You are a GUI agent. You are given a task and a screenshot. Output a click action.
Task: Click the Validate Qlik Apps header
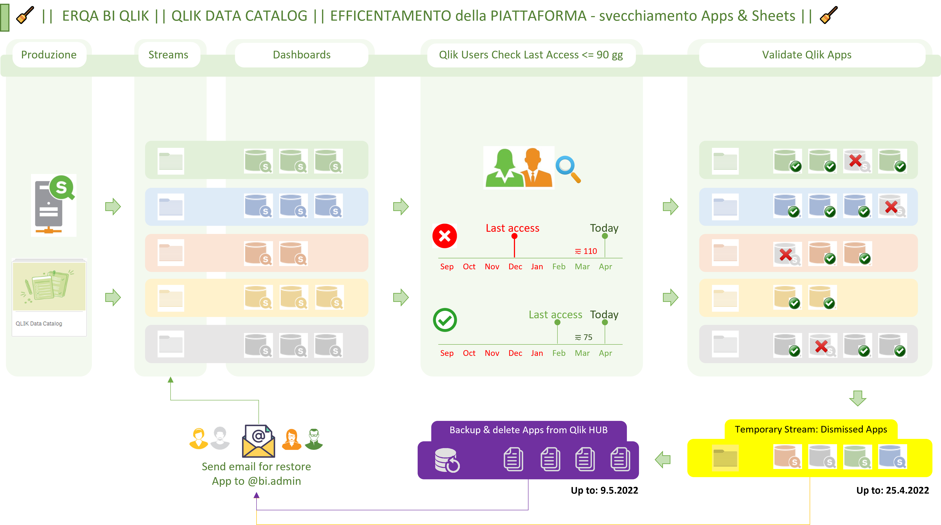[806, 55]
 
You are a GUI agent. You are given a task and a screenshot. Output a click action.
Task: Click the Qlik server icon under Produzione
[54, 205]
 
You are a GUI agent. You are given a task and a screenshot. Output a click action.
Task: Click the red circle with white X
[445, 236]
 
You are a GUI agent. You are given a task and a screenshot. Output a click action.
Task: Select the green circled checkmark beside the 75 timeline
[445, 320]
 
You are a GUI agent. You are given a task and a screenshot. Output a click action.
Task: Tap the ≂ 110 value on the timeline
[586, 251]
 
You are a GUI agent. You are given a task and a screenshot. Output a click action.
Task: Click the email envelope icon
[258, 441]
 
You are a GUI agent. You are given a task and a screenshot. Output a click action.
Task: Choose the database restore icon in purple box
[447, 460]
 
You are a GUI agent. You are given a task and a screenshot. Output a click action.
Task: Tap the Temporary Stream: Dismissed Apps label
[811, 429]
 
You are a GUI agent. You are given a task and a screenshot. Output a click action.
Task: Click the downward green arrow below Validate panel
[857, 398]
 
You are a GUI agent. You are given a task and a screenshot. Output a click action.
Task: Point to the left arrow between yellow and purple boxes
[663, 459]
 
